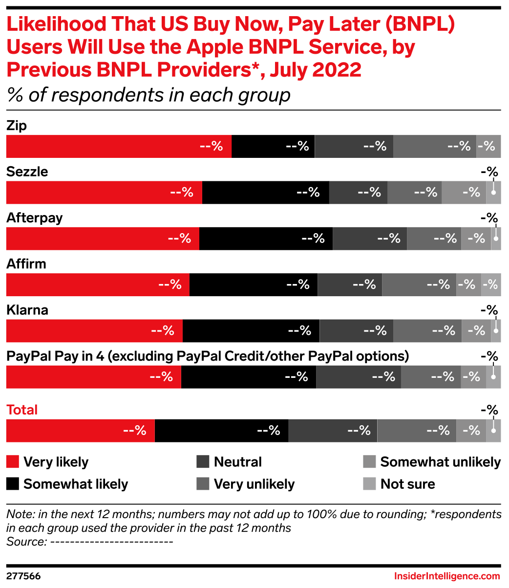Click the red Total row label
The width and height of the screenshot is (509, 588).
(x=21, y=410)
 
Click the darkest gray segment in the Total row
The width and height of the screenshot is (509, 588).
(x=332, y=431)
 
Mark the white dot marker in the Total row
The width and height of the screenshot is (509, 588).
(x=494, y=431)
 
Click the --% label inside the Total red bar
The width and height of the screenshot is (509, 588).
(x=135, y=431)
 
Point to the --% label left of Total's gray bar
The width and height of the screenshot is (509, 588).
(x=268, y=431)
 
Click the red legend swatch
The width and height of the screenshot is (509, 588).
(x=12, y=462)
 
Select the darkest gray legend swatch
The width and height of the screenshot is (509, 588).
(x=203, y=462)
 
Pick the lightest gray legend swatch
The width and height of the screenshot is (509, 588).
(x=369, y=484)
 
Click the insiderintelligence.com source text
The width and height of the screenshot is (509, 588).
(x=447, y=576)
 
